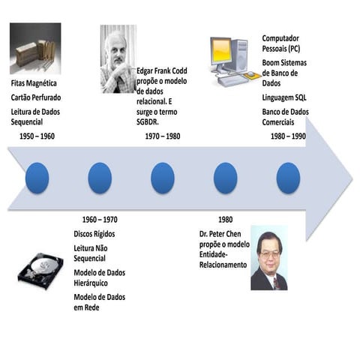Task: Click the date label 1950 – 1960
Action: [37, 136]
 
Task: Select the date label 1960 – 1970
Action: [100, 220]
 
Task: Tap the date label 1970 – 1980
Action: [162, 136]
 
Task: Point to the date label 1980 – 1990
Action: [288, 136]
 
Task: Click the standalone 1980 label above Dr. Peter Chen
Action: [225, 220]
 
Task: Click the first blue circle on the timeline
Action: [37, 178]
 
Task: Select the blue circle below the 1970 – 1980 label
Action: [162, 178]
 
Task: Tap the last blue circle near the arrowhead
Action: [288, 178]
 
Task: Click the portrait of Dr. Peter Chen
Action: [268, 257]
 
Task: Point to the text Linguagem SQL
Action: [286, 98]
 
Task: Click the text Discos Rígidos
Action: [94, 234]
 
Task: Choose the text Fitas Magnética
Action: [34, 83]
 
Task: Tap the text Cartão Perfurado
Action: [36, 97]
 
